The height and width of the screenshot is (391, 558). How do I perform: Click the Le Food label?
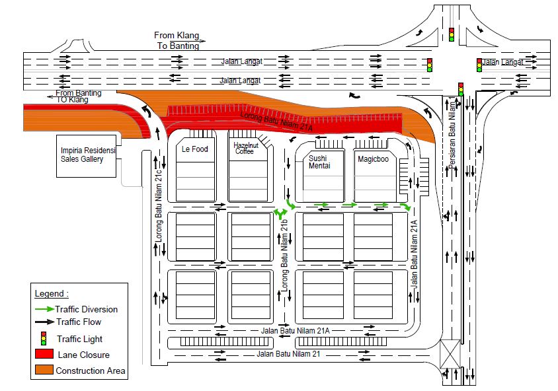[194, 149]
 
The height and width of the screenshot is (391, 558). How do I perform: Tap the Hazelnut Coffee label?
[245, 147]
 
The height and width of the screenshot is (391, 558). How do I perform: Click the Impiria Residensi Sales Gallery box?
[88, 155]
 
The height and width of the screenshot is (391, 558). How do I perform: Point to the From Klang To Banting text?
[175, 40]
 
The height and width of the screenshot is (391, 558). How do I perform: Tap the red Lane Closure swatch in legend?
[44, 354]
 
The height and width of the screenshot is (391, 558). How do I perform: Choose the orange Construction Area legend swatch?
[44, 370]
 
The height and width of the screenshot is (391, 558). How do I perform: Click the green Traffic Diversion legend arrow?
[44, 309]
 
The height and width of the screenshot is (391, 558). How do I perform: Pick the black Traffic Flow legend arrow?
[44, 322]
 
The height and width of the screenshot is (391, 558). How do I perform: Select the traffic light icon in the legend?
[44, 338]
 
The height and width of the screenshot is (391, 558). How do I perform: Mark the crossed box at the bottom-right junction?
[451, 353]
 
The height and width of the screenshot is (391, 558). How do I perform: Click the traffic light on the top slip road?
[452, 34]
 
